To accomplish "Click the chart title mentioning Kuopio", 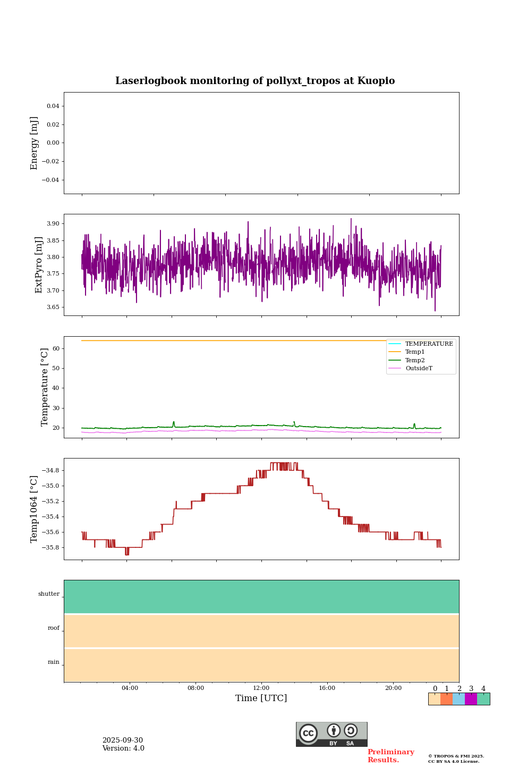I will pyautogui.click(x=255, y=81).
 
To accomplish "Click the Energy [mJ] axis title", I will pyautogui.click(x=35, y=143).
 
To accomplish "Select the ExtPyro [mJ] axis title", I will pyautogui.click(x=39, y=265).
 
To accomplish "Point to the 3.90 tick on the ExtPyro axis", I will pyautogui.click(x=54, y=223).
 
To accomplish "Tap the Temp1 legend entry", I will pyautogui.click(x=415, y=352).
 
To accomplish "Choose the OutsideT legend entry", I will pyautogui.click(x=419, y=369).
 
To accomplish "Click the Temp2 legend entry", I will pyautogui.click(x=415, y=361).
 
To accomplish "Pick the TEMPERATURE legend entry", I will pyautogui.click(x=429, y=344).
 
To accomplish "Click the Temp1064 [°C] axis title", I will pyautogui.click(x=35, y=509).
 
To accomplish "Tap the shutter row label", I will pyautogui.click(x=49, y=594).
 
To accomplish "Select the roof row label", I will pyautogui.click(x=54, y=628).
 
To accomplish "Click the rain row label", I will pyautogui.click(x=54, y=662).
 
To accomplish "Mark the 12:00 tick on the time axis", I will pyautogui.click(x=261, y=688).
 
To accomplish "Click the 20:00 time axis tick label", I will pyautogui.click(x=393, y=688).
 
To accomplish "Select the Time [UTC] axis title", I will pyautogui.click(x=261, y=698).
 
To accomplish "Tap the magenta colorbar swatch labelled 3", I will pyautogui.click(x=471, y=699).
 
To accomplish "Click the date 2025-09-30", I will pyautogui.click(x=123, y=740).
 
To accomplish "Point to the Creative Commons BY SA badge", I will pyautogui.click(x=331, y=734).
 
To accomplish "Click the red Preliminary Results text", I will pyautogui.click(x=390, y=756).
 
